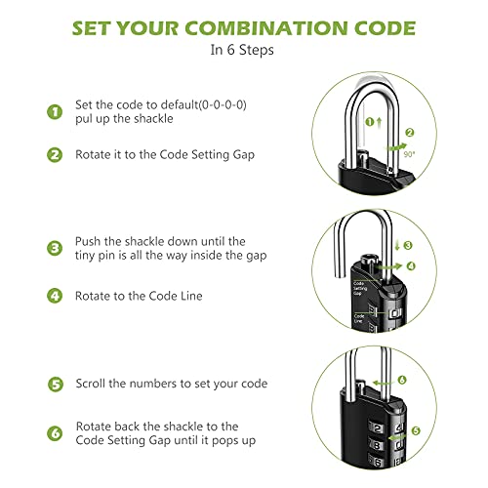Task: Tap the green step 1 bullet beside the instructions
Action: [55, 111]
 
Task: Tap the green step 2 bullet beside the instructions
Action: [55, 153]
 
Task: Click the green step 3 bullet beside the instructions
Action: [55, 246]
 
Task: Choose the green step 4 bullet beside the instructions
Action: [55, 295]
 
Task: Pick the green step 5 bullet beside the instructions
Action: [55, 384]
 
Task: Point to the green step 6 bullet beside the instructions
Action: [55, 431]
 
